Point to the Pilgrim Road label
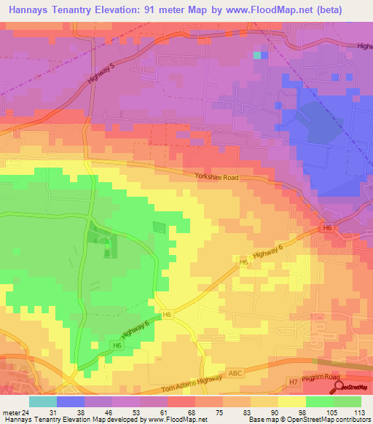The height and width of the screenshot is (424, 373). coord(322,377)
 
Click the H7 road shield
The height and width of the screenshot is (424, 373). coord(293,382)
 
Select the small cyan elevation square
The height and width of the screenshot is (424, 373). coord(256,55)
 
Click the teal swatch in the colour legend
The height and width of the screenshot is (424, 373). coord(43,401)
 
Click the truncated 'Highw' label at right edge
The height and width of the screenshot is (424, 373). coord(364,46)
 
